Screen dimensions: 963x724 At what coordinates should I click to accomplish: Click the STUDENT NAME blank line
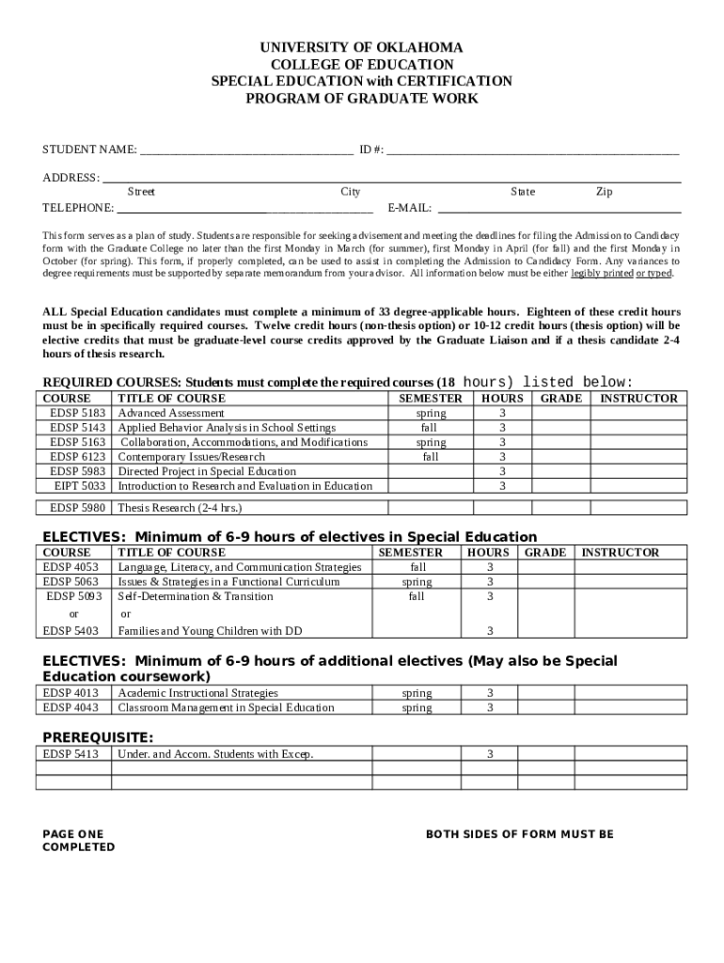246,150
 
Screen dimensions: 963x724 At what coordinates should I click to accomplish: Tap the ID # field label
370,150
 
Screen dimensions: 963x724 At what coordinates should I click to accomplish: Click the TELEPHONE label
78,208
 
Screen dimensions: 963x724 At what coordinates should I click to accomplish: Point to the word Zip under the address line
604,192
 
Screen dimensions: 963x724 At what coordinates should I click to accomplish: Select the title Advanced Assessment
171,413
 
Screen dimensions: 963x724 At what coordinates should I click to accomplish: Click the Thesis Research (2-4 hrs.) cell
180,508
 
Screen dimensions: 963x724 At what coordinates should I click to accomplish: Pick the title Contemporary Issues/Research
191,457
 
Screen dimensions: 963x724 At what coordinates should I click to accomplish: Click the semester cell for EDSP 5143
431,428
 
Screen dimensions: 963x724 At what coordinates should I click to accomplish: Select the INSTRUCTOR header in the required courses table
638,398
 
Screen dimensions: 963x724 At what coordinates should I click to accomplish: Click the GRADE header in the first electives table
544,553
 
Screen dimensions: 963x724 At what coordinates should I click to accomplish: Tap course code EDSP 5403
71,630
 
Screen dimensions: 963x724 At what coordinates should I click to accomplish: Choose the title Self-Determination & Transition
196,596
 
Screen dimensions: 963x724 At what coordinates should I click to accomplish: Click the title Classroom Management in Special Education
226,707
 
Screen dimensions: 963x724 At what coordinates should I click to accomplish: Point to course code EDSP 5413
71,754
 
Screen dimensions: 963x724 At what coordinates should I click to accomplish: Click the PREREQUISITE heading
98,736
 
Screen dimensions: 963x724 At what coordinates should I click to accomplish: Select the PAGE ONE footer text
73,834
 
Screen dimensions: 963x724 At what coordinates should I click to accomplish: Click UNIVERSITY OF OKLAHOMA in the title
362,47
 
